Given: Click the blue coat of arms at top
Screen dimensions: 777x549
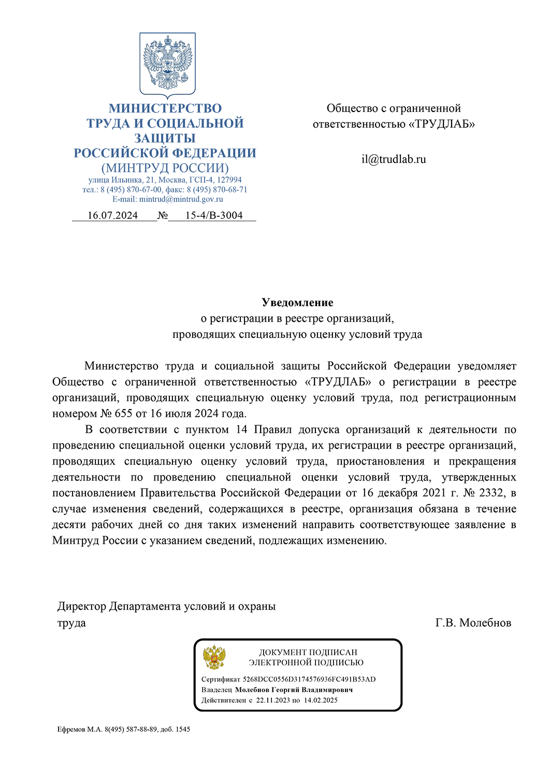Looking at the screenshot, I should pos(167,65).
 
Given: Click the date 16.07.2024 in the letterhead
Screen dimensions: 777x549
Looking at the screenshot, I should pos(112,215).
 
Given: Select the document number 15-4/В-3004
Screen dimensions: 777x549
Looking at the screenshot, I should pos(214,215).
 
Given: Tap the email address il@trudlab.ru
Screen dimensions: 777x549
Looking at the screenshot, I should pos(394,160).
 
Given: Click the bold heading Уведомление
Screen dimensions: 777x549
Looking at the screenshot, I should pos(297,303).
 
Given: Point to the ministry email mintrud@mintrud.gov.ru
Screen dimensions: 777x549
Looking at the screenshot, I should pos(181,199).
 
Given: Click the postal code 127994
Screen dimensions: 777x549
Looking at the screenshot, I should pos(229,180).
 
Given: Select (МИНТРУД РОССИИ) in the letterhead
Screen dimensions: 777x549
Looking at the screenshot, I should pos(165,168).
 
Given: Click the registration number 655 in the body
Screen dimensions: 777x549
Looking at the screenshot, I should pos(124,414).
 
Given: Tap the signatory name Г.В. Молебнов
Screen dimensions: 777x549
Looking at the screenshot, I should pos(473,623).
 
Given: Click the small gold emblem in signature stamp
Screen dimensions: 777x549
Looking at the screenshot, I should pos(214,657).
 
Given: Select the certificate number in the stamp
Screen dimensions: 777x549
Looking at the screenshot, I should pos(309,679).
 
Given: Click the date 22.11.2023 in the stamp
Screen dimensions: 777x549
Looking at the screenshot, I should pos(273,700).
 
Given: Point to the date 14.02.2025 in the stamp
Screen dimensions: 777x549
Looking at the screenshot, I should pos(321,700).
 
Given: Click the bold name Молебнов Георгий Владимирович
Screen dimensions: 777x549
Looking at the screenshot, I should pos(294,690).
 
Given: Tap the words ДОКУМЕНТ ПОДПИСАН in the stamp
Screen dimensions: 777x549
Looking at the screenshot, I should pos(308,653).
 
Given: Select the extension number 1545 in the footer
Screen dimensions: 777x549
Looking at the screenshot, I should pos(183,729).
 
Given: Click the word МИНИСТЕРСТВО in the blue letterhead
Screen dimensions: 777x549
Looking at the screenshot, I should pos(165,109).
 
